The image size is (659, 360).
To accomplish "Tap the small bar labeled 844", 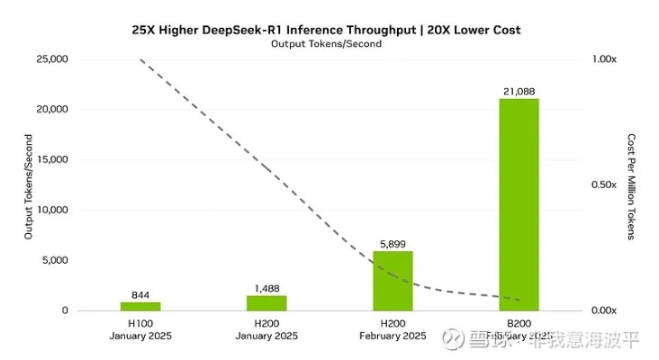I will point(140,306).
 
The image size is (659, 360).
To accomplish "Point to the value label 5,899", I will point(393,243).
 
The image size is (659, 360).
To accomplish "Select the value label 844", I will point(140,294).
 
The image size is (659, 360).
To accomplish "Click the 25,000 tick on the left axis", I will point(50,59).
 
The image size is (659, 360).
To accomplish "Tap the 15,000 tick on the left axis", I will point(50,160).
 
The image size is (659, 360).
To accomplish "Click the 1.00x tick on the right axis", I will point(603,59).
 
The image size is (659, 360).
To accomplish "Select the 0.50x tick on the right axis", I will point(603,184).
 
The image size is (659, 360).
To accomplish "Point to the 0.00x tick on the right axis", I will point(603,310).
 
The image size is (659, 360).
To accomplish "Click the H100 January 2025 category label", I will point(140,331).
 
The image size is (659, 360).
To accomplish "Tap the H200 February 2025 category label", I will point(393,331).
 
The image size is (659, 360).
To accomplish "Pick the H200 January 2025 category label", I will point(266,331).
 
